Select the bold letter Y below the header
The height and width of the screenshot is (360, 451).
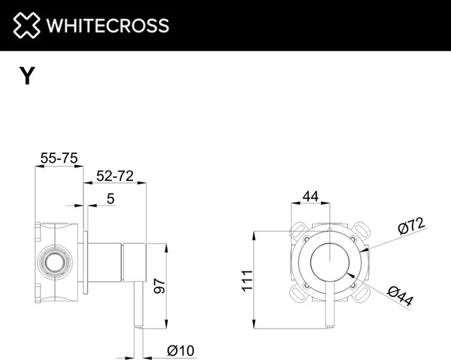27,76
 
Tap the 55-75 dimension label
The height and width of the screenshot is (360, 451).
59,158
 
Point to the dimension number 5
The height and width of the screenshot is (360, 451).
110,199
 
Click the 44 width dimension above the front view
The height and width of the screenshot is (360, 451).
310,197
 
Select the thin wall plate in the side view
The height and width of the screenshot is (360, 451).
88,264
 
